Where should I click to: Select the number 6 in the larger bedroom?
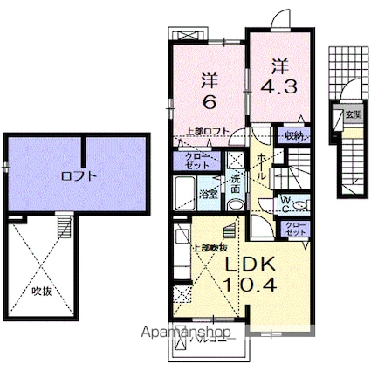point(210,102)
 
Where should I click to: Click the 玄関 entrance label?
point(352,114)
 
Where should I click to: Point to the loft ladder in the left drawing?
point(62,227)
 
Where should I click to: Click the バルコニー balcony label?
point(216,345)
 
